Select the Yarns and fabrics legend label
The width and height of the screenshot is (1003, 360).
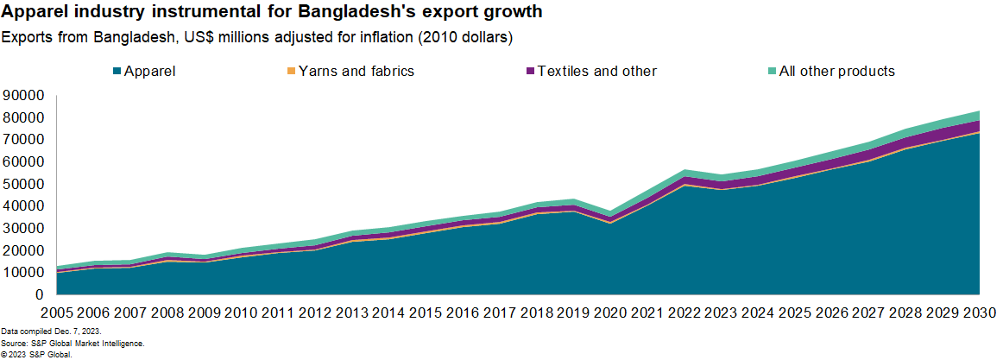356,71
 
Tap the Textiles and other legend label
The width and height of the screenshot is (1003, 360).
596,71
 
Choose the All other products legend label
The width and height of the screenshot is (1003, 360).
836,71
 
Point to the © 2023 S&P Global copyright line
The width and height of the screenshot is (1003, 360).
35,354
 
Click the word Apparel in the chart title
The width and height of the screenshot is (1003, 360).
30,13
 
